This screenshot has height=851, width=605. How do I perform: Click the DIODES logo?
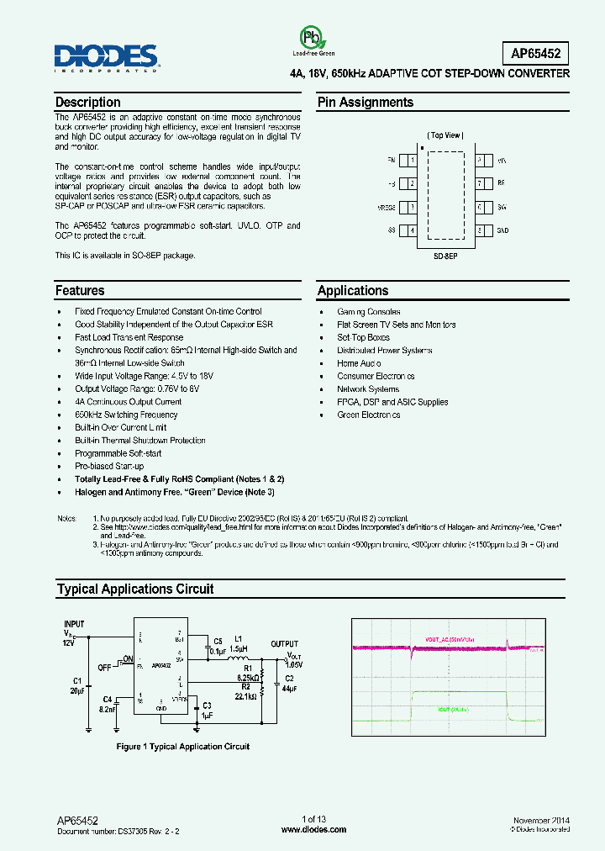pos(107,57)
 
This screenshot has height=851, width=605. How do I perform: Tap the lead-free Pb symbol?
pos(312,38)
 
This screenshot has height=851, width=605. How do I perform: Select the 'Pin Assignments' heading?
pos(365,103)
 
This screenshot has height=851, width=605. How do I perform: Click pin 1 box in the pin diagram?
pos(411,160)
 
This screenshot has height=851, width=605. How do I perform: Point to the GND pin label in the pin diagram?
pos(502,230)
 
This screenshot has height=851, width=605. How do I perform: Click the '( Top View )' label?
pos(445,135)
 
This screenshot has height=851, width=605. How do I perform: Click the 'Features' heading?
pos(80,291)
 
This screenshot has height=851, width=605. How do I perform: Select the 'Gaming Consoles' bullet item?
pos(368,312)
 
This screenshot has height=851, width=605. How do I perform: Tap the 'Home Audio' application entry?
pos(359,363)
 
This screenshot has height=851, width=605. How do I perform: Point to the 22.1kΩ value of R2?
pos(246,695)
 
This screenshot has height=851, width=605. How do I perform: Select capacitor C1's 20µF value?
pos(76,690)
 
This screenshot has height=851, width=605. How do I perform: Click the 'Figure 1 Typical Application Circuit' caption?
pos(182,746)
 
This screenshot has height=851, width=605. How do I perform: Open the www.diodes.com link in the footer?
pos(313,829)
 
